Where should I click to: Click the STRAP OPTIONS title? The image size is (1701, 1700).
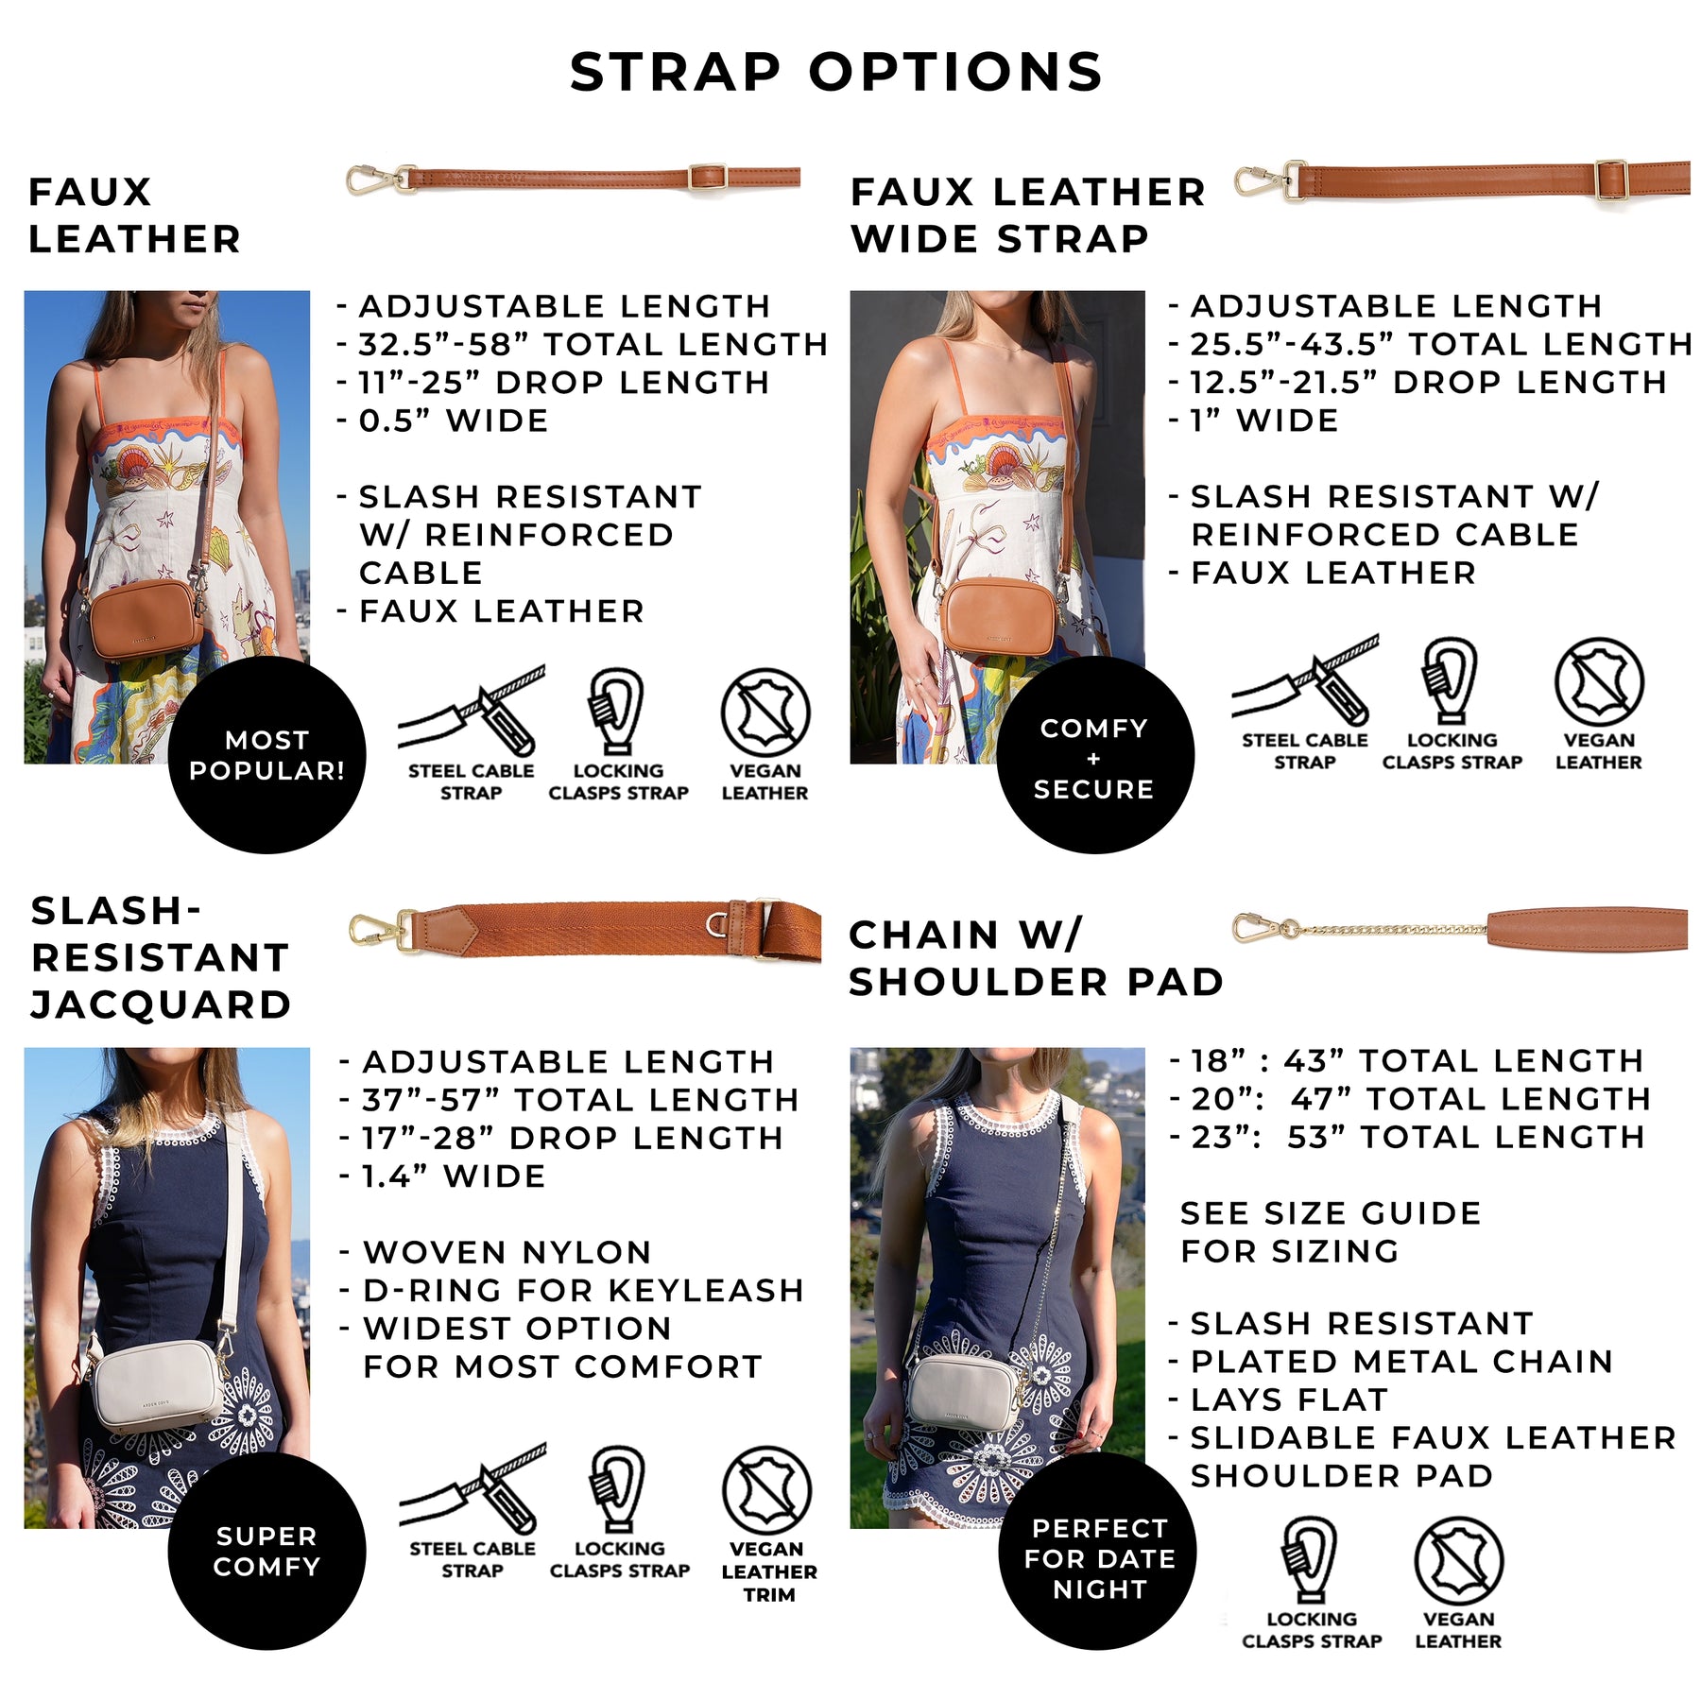(836, 72)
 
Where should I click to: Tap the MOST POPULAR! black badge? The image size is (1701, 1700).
(267, 755)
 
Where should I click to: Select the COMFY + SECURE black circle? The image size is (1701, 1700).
(1095, 755)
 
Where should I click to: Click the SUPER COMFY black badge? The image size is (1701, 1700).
(267, 1551)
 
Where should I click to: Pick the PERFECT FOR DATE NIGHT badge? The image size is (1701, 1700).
(1097, 1551)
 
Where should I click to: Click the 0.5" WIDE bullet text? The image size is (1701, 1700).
(443, 421)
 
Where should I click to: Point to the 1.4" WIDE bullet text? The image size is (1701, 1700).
(443, 1176)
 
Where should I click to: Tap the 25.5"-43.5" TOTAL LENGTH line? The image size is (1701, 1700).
(1430, 344)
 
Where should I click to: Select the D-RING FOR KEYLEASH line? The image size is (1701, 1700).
(572, 1290)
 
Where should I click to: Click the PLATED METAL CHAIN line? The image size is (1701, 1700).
(1391, 1361)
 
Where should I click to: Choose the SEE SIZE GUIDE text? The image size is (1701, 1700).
(1331, 1213)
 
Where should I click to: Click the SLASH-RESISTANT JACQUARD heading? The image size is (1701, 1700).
(161, 957)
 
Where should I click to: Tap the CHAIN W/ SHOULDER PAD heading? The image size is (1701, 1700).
(1036, 958)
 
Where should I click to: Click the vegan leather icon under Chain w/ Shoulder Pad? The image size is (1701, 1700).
(1459, 1561)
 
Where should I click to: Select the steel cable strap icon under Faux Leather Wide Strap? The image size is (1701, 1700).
(1305, 680)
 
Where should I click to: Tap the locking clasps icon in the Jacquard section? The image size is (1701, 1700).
(618, 1488)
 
